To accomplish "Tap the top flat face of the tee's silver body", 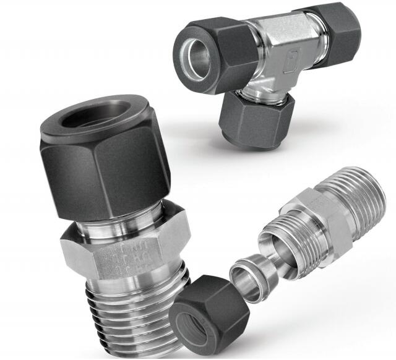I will [x=282, y=28].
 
